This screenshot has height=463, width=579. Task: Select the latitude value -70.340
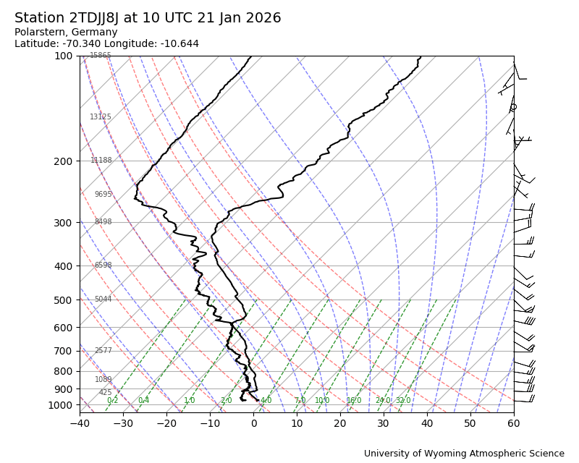tap(83, 44)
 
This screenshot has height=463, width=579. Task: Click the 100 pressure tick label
tap(64, 56)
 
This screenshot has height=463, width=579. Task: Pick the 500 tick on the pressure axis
tap(64, 300)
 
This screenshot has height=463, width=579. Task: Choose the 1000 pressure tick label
tap(60, 405)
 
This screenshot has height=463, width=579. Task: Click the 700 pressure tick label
tap(64, 352)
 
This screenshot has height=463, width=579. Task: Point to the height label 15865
tap(101, 56)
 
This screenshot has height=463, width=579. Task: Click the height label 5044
tap(103, 300)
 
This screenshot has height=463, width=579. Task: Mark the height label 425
tap(106, 393)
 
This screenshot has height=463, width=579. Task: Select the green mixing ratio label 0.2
tap(112, 401)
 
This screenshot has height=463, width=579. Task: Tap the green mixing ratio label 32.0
tap(403, 401)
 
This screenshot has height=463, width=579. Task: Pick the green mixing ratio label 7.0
tap(300, 401)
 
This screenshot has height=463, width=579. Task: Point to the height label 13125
tap(101, 117)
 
